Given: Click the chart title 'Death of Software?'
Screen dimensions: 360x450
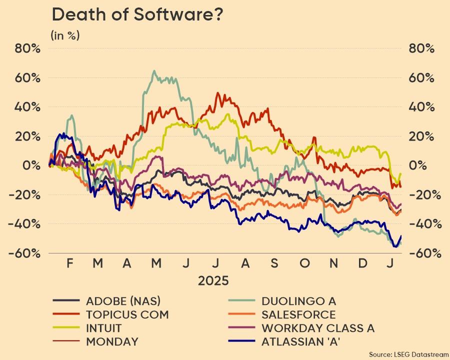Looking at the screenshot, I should pos(137,15).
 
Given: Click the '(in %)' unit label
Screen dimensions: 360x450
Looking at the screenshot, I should pos(65,35).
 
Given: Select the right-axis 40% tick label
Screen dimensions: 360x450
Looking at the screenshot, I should pos(421,107).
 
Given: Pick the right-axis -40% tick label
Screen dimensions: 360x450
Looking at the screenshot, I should pos(421,223).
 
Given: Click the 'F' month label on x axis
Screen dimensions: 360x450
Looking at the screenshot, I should pos(70,263).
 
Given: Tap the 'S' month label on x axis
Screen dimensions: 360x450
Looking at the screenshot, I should pos(274,263).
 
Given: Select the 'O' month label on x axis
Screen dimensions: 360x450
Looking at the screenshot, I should pos(305,263).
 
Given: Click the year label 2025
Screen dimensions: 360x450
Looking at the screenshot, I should pos(213,280).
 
